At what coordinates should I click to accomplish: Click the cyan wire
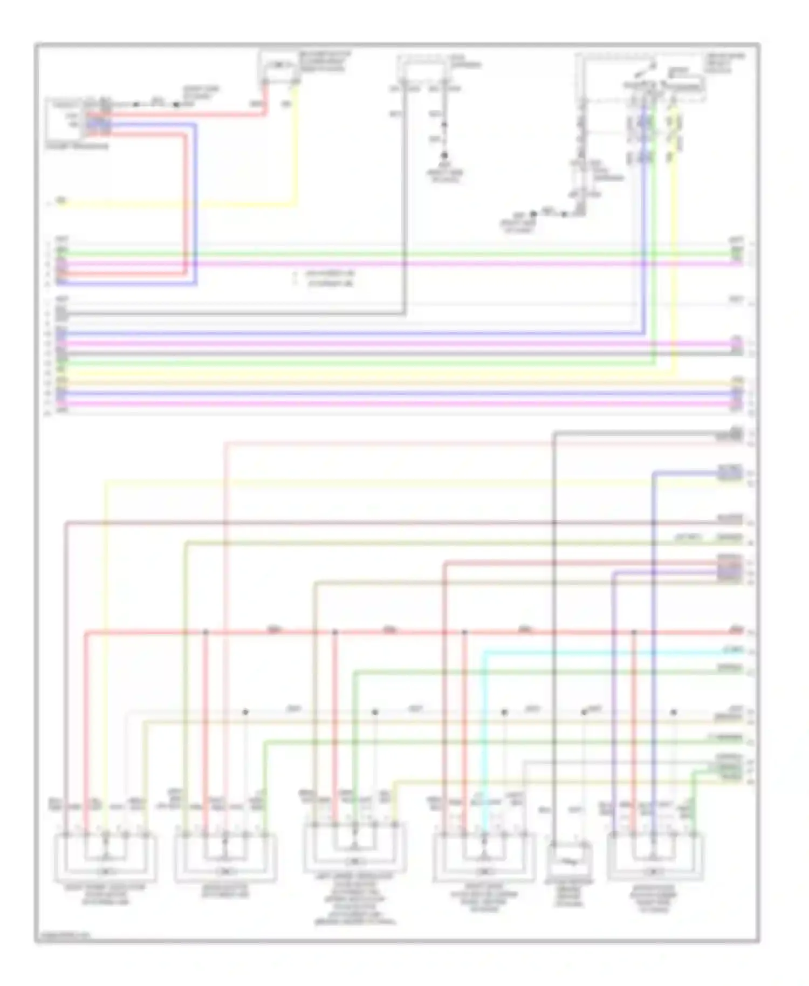[593, 652]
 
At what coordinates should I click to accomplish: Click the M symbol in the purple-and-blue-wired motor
[653, 871]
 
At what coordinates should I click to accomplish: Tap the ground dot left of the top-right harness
[533, 214]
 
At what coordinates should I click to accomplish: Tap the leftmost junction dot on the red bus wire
[205, 632]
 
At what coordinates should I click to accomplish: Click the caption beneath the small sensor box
[570, 893]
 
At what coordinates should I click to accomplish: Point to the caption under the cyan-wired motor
[484, 898]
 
